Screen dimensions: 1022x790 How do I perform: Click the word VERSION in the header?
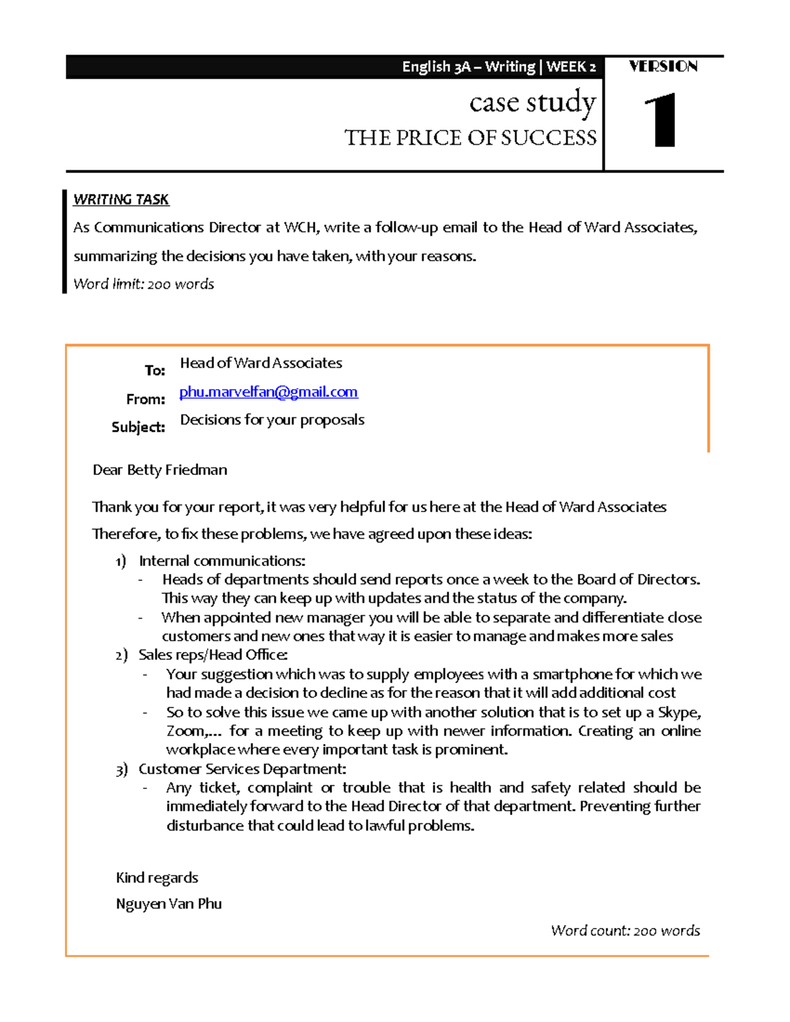pos(663,66)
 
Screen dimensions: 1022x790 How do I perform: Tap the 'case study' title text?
pos(532,103)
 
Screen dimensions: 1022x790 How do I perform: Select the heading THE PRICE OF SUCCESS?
pos(470,138)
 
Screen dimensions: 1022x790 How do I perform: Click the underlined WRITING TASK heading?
pos(121,199)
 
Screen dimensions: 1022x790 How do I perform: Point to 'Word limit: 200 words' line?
pos(144,284)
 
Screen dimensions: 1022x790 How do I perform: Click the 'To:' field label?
pos(155,370)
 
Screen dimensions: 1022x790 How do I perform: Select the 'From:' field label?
pos(145,399)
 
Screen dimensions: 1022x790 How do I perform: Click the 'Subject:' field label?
pos(138,427)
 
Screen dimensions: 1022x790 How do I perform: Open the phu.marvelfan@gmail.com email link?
pos(269,392)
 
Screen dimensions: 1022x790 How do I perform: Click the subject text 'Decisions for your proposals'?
pos(272,420)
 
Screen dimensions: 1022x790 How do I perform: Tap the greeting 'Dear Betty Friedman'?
pos(160,470)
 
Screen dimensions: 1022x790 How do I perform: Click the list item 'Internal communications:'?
pos(222,561)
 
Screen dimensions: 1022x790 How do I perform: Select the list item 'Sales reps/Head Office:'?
pos(213,655)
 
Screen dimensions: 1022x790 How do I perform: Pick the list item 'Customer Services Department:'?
pos(242,769)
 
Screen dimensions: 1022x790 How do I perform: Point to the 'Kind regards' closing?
pos(157,878)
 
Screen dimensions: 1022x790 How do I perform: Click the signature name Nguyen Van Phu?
pos(169,904)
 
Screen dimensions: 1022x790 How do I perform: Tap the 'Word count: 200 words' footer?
pos(625,931)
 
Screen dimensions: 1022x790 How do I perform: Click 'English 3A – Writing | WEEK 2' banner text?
pos(498,67)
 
